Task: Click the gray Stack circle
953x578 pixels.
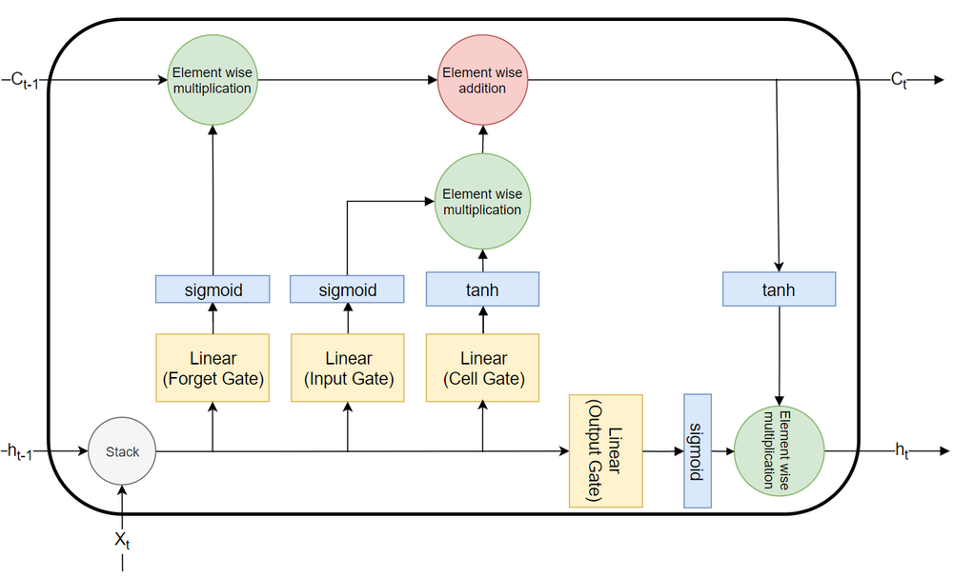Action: (x=122, y=451)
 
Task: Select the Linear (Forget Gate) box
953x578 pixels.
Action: (x=213, y=368)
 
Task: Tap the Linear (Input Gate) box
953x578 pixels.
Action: (x=348, y=368)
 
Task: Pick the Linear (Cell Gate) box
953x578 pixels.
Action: (x=483, y=368)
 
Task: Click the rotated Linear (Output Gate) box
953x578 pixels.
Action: (x=606, y=450)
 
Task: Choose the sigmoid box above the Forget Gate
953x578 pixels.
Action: (x=213, y=289)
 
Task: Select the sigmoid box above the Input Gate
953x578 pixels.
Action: (x=348, y=289)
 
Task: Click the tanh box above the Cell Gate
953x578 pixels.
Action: (x=483, y=289)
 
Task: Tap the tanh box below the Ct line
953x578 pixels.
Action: (x=779, y=289)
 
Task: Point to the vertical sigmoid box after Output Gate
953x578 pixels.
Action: (x=698, y=450)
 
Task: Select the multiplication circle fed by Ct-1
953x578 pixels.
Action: (x=212, y=81)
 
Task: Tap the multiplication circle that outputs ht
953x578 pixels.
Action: (x=780, y=450)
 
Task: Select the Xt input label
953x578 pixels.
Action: (x=122, y=540)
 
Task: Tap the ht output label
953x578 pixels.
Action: (x=901, y=452)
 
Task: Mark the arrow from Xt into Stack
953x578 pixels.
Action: (x=122, y=505)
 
